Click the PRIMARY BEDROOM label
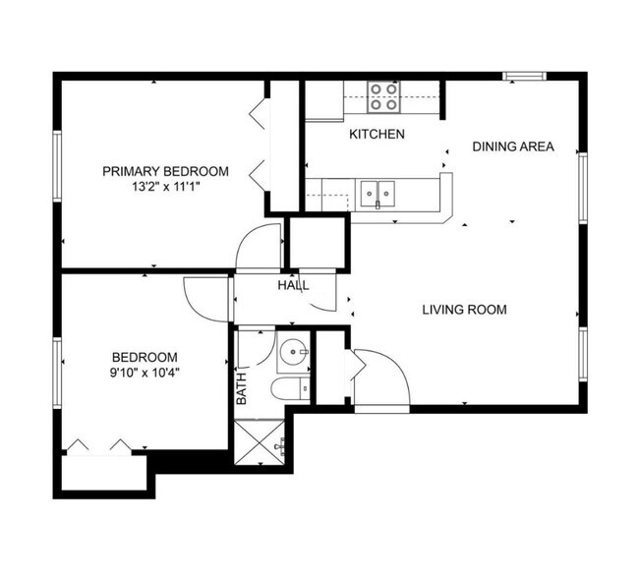pyautogui.click(x=165, y=171)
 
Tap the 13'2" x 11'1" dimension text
pyautogui.click(x=165, y=187)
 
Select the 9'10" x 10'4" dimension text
pyautogui.click(x=145, y=373)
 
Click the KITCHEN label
pyautogui.click(x=377, y=134)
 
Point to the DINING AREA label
pyautogui.click(x=513, y=146)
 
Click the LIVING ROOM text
pyautogui.click(x=465, y=310)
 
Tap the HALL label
pyautogui.click(x=293, y=285)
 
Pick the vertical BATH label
pyautogui.click(x=242, y=389)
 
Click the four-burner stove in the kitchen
pyautogui.click(x=383, y=97)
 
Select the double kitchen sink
pyautogui.click(x=378, y=195)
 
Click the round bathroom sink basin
pyautogui.click(x=293, y=351)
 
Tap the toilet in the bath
pyautogui.click(x=291, y=388)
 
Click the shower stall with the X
pyautogui.click(x=260, y=442)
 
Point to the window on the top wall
pyautogui.click(x=525, y=77)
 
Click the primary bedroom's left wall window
pyautogui.click(x=57, y=166)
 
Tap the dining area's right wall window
pyautogui.click(x=583, y=188)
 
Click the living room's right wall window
pyautogui.click(x=583, y=354)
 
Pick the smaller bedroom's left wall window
pyautogui.click(x=57, y=373)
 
